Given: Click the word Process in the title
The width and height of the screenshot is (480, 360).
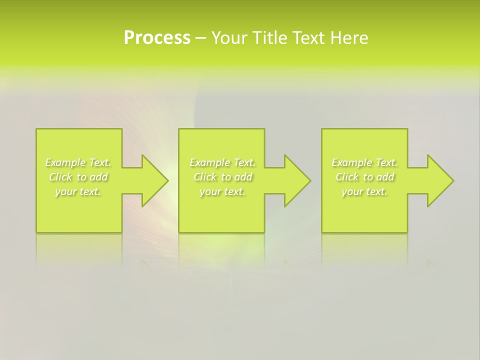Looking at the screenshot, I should pyautogui.click(x=157, y=38).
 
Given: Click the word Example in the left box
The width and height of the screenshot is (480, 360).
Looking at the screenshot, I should pyautogui.click(x=65, y=162).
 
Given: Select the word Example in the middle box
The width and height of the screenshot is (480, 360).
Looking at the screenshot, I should pyautogui.click(x=209, y=162).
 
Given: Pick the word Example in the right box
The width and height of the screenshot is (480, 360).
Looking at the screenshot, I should pyautogui.click(x=351, y=162).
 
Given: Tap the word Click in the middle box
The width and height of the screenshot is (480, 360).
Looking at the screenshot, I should pyautogui.click(x=204, y=177).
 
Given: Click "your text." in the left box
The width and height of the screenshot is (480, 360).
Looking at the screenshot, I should pyautogui.click(x=78, y=191).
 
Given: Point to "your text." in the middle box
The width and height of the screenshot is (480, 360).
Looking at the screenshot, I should pyautogui.click(x=222, y=191).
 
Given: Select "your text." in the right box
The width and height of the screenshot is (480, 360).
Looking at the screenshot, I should pyautogui.click(x=364, y=191).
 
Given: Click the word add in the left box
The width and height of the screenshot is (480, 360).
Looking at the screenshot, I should pyautogui.click(x=99, y=177).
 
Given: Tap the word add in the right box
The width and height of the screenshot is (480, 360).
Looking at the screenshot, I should pyautogui.click(x=385, y=177).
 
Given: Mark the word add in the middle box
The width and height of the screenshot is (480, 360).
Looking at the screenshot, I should pyautogui.click(x=243, y=177).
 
